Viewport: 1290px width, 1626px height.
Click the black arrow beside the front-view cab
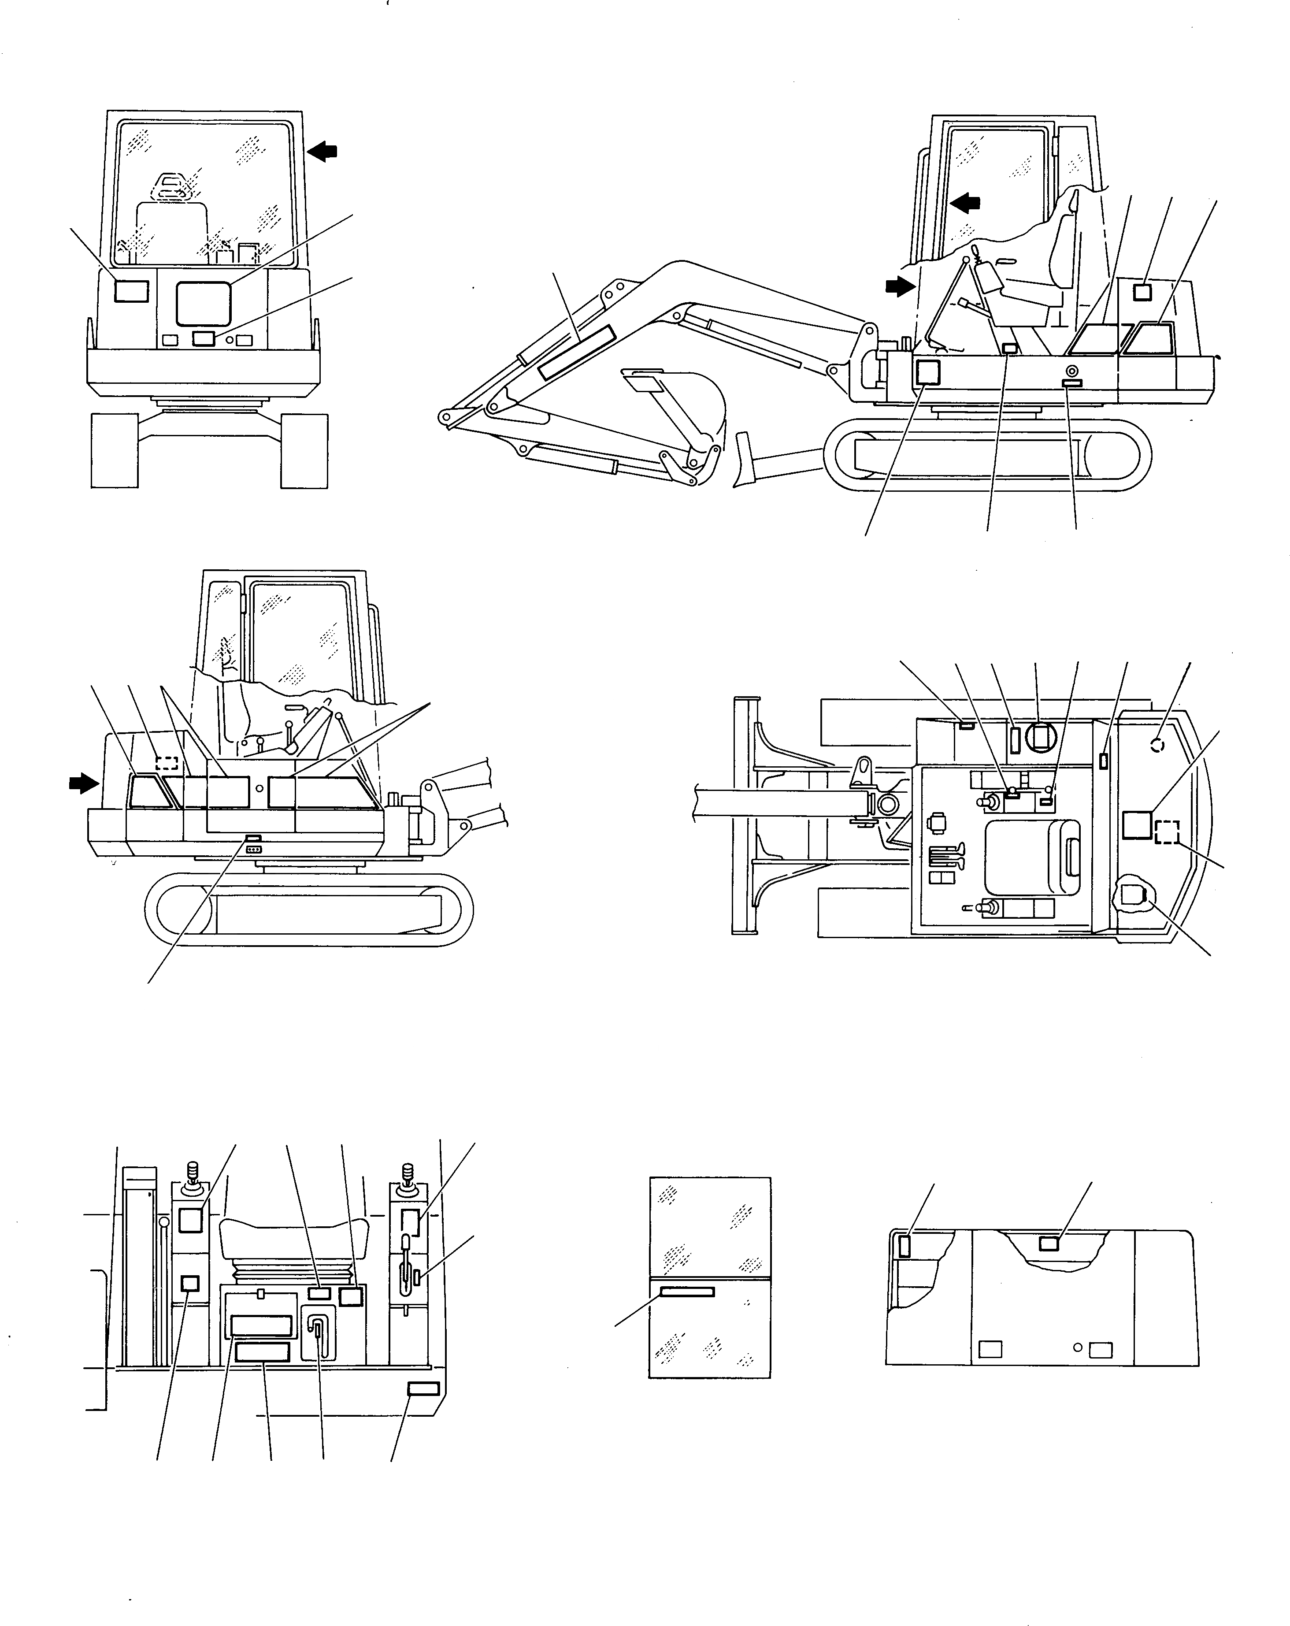(323, 152)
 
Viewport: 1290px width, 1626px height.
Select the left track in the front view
(115, 450)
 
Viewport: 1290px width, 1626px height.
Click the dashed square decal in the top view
(1166, 832)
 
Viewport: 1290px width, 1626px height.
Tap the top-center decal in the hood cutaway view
(1049, 1265)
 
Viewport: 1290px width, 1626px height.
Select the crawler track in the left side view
(309, 909)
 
